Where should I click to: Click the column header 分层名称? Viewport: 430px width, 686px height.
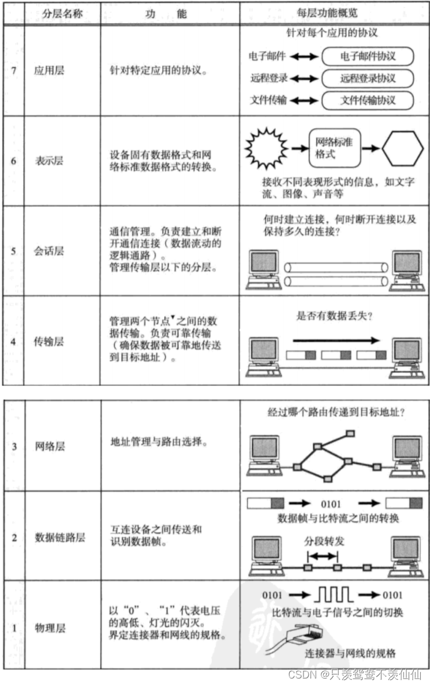coord(62,13)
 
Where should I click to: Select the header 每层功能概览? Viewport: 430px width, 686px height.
coord(327,13)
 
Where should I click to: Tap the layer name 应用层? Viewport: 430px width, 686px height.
coord(49,71)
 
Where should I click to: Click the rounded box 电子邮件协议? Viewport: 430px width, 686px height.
coord(368,56)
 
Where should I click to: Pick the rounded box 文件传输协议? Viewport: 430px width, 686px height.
coord(368,100)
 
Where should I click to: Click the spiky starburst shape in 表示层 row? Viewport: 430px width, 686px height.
coord(266,149)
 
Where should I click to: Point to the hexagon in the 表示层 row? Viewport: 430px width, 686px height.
coord(403,149)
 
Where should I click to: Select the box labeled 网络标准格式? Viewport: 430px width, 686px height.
coord(335,148)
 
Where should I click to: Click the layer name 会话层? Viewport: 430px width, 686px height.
coord(49,251)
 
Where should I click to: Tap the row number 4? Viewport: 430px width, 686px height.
coord(13,342)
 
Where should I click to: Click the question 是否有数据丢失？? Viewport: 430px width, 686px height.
coord(334,316)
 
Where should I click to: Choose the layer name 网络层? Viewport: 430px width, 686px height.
coord(50,446)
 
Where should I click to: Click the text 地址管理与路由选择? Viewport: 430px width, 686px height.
coord(159,442)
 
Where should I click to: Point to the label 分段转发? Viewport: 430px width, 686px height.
coord(324,541)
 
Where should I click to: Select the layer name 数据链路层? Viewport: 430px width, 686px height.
coord(60,537)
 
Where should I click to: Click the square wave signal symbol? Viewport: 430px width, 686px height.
coord(334,595)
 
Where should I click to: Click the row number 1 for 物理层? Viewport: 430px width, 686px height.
coord(14,628)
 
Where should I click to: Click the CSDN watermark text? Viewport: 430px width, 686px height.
coord(355,674)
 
